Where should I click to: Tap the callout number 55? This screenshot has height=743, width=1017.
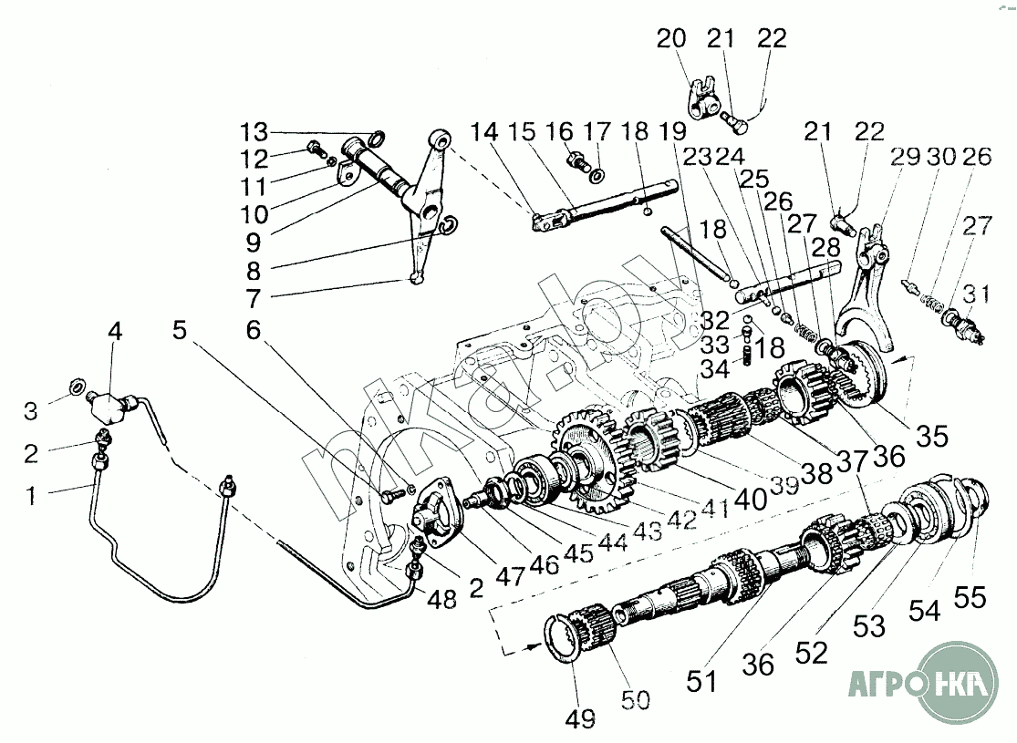tap(970, 597)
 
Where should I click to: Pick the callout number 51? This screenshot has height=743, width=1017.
tap(703, 679)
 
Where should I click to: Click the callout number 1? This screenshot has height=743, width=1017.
tap(33, 497)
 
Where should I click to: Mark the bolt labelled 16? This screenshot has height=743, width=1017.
tap(576, 164)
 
